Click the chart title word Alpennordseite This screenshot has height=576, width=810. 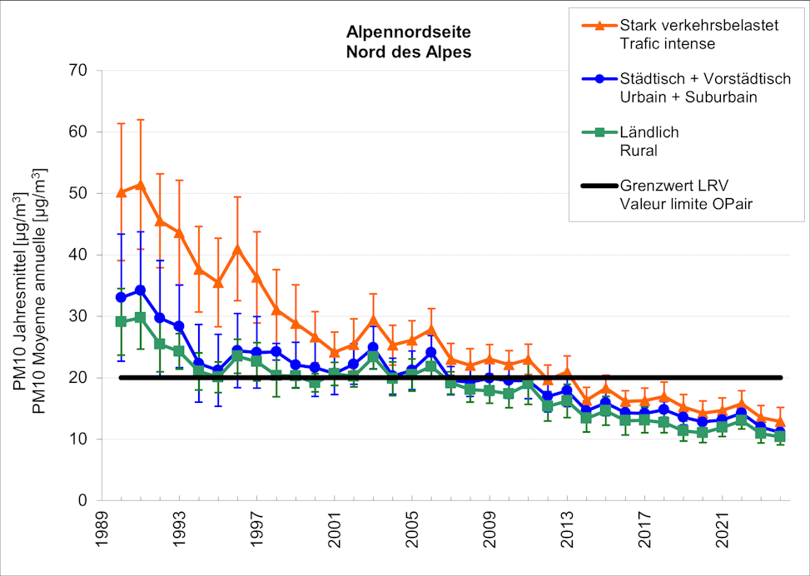click(x=408, y=33)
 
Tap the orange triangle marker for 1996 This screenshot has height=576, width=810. click(x=237, y=248)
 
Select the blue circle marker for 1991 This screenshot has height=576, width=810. click(x=140, y=290)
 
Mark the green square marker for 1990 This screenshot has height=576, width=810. click(x=121, y=321)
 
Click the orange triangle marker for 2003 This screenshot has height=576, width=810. click(x=373, y=319)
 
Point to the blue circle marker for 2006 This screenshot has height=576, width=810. click(x=431, y=352)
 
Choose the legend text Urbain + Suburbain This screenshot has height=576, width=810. click(x=688, y=97)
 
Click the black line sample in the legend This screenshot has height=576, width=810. click(x=594, y=185)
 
